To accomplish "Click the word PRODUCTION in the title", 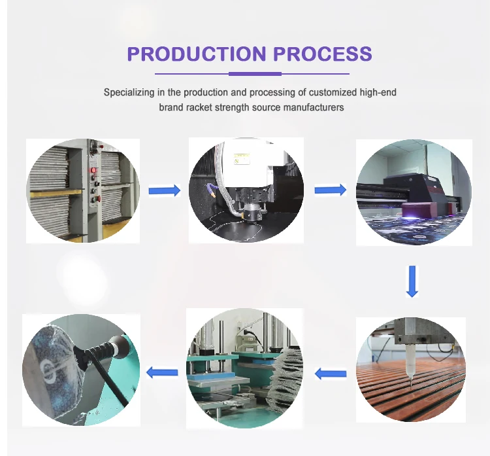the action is (x=186, y=54).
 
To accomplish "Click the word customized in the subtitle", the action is (x=296, y=92).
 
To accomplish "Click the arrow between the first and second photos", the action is (x=164, y=190).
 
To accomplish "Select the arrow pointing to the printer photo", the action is (x=330, y=190).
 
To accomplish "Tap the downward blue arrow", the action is (x=412, y=281).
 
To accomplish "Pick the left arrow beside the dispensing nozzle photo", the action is (x=331, y=374).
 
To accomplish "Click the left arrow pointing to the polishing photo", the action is (x=162, y=373).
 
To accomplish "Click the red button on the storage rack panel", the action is (x=93, y=171).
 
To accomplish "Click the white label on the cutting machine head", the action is (x=241, y=158).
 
